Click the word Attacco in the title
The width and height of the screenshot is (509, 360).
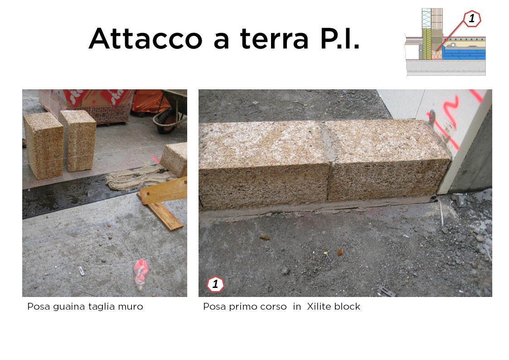pos(145,38)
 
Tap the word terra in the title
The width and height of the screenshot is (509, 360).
pos(274,39)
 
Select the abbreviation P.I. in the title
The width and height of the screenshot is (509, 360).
pos(340,38)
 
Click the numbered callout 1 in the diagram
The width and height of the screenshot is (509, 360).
pos(472,19)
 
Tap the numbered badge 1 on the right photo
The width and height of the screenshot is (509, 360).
pos(215,284)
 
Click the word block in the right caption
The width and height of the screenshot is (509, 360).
pos(349,306)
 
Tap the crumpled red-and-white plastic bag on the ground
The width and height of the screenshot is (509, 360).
pos(141,274)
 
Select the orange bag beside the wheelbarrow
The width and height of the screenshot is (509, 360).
pos(149,101)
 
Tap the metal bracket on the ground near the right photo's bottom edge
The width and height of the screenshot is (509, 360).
pos(387,291)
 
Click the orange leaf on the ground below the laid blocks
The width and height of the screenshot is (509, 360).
pos(340,252)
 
